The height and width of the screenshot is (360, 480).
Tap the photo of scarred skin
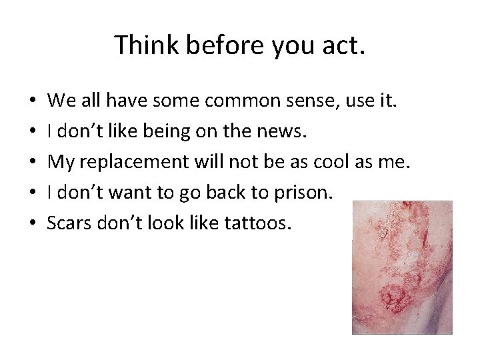point(402,267)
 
